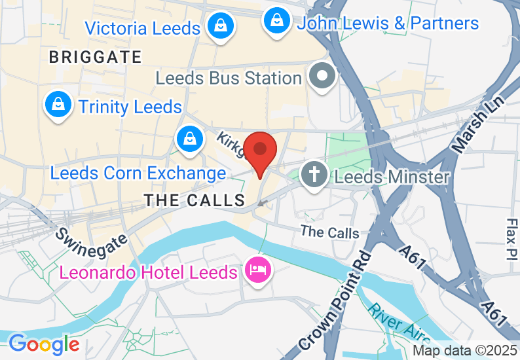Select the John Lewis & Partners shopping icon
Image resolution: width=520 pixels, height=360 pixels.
278,21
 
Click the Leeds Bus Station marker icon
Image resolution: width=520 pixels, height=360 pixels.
322,76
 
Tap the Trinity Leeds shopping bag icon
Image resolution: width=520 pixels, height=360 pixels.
58,105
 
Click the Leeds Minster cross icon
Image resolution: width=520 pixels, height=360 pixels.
314,175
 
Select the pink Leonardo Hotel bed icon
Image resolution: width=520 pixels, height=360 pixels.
257,270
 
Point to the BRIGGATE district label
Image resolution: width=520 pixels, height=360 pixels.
95,58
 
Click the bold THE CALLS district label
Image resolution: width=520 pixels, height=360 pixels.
195,200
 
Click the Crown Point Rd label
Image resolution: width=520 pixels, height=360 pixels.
335,300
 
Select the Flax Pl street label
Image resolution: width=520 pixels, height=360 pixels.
511,239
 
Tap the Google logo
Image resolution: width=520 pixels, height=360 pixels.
44,344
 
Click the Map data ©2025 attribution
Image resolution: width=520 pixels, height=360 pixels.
465,350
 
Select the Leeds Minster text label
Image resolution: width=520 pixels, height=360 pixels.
392,177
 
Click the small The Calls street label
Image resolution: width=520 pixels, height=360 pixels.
329,232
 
